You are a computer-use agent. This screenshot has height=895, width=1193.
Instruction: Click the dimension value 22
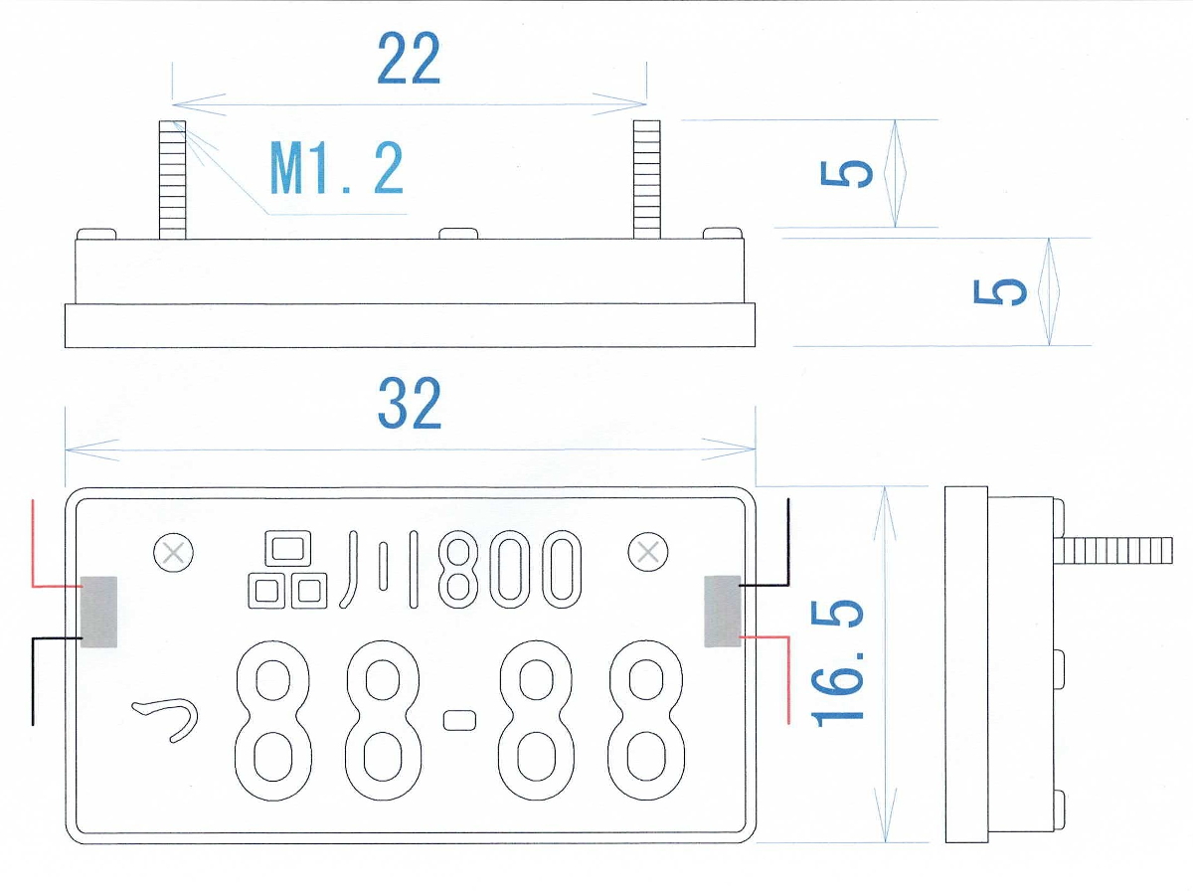tap(409, 60)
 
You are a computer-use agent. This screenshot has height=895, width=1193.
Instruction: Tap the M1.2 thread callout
tap(337, 168)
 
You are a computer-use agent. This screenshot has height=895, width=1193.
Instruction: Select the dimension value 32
tap(409, 405)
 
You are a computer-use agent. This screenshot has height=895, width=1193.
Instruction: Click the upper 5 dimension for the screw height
tap(848, 174)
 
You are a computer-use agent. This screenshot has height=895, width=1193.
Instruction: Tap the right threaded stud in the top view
tap(647, 179)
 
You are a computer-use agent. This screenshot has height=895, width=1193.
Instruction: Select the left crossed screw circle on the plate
tap(174, 552)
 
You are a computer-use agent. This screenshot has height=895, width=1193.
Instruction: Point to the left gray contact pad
tap(98, 613)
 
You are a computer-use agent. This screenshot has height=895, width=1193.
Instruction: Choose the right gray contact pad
tap(723, 611)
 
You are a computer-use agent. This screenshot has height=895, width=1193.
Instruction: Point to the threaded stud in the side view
tap(1118, 550)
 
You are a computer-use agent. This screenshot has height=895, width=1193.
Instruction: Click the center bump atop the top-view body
tap(458, 234)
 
